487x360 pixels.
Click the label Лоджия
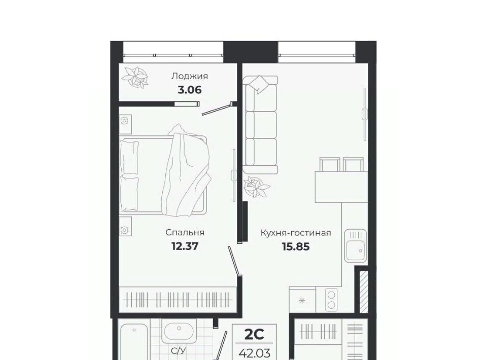point(189,77)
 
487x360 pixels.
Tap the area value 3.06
point(189,90)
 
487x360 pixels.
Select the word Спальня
point(185,232)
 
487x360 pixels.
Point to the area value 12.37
point(185,246)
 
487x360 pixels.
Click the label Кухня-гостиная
point(296,233)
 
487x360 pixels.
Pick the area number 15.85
point(296,246)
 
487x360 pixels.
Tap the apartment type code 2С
point(254,334)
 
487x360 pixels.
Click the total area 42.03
point(254,353)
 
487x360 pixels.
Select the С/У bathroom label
point(179,351)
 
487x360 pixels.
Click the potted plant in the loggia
point(134,77)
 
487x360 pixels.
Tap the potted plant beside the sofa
point(256,187)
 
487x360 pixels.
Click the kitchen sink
point(356,246)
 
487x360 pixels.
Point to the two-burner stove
point(331,300)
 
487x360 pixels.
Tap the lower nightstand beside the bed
point(125,226)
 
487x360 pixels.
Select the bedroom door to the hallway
point(234,261)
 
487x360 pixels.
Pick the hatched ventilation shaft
point(364,292)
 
